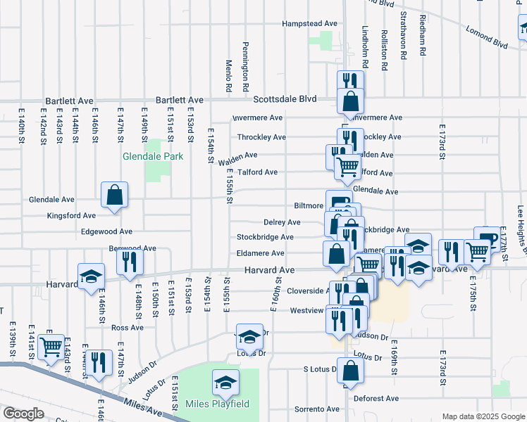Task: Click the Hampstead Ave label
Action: tap(309, 23)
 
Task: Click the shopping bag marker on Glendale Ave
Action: tap(114, 196)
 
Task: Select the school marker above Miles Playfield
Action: tap(225, 383)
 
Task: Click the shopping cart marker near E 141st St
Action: tap(51, 345)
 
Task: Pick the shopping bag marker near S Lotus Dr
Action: tap(350, 371)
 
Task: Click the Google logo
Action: tap(23, 414)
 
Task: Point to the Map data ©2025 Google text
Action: tap(483, 416)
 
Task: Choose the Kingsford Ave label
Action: tap(71, 215)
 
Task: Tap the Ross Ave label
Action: tap(127, 327)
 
